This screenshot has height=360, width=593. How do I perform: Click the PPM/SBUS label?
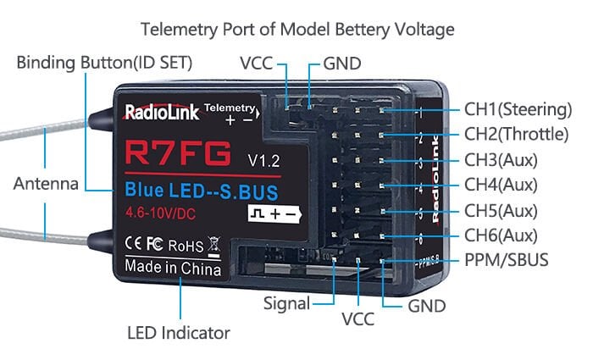506,260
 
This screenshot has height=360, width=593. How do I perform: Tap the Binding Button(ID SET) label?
104,63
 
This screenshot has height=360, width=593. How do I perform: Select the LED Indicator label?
178,332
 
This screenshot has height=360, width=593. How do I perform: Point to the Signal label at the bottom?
286,302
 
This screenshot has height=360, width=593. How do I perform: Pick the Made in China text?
173,268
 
